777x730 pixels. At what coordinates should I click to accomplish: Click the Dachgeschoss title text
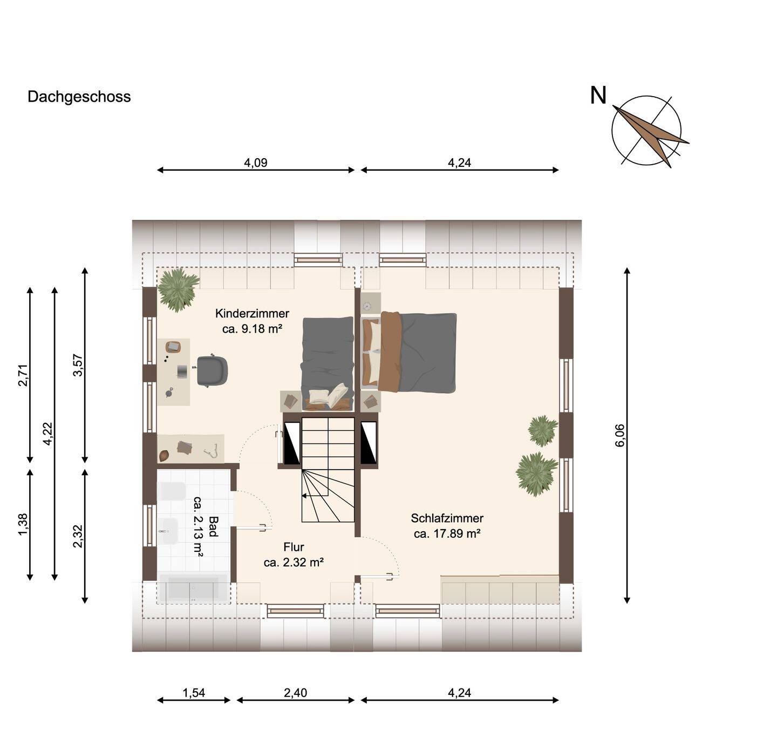pos(79,97)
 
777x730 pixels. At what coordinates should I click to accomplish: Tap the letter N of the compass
pos(598,96)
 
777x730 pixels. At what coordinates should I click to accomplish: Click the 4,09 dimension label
pos(255,163)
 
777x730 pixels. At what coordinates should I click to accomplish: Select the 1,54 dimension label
pos(194,693)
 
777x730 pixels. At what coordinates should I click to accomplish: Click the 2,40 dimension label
pos(295,693)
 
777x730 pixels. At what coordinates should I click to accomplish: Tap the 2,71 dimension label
pos(23,375)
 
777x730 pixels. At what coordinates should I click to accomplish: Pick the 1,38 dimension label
pos(23,524)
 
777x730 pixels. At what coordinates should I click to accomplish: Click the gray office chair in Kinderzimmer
pos(212,370)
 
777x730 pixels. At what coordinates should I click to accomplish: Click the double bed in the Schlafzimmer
pos(410,353)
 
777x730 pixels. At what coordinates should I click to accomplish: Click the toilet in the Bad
pos(172,491)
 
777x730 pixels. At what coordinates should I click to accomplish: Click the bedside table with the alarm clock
pos(371,303)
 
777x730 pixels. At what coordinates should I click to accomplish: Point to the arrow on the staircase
pos(306,495)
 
